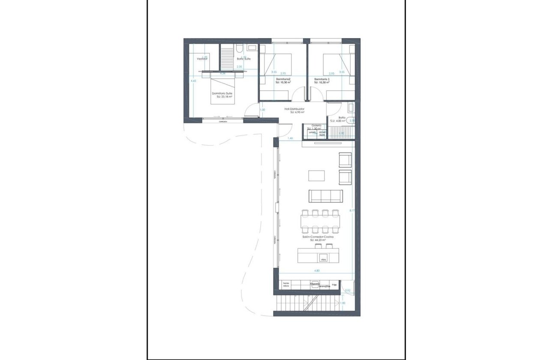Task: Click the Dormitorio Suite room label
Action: pyautogui.click(x=222, y=93)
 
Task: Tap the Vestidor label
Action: pyautogui.click(x=202, y=59)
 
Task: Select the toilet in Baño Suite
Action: pyautogui.click(x=239, y=48)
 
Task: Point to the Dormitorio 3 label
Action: pyautogui.click(x=322, y=79)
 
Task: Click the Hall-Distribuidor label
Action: pyautogui.click(x=295, y=109)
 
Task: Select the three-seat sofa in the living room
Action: pyautogui.click(x=326, y=196)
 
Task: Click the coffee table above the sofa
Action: pyautogui.click(x=316, y=176)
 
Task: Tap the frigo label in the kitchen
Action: pyautogui.click(x=334, y=285)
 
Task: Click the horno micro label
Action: pyautogui.click(x=286, y=285)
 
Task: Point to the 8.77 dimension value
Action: pyautogui.click(x=352, y=210)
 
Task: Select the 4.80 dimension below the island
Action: pyautogui.click(x=317, y=271)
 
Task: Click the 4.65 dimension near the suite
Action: pyautogui.click(x=193, y=81)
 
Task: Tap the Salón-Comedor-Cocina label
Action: pyautogui.click(x=318, y=237)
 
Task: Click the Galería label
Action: pyautogui.click(x=316, y=126)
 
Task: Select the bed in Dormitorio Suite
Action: pyautogui.click(x=222, y=89)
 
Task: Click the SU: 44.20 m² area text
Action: pyautogui.click(x=318, y=240)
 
